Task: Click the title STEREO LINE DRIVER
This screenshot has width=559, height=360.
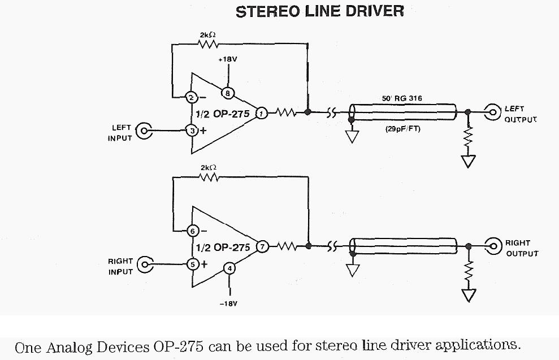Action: tap(319, 11)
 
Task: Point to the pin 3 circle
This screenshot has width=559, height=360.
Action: tap(192, 131)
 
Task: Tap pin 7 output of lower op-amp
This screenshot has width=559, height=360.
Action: tap(262, 246)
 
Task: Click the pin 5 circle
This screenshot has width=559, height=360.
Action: tap(192, 263)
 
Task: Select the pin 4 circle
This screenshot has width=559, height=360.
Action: tap(229, 268)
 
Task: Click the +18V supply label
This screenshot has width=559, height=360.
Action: tap(228, 59)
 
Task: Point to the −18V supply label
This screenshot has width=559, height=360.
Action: tap(228, 303)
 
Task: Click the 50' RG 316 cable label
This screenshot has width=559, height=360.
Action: tap(401, 98)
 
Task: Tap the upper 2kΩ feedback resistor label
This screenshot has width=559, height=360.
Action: tap(207, 35)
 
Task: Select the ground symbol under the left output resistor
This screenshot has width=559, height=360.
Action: tap(467, 162)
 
